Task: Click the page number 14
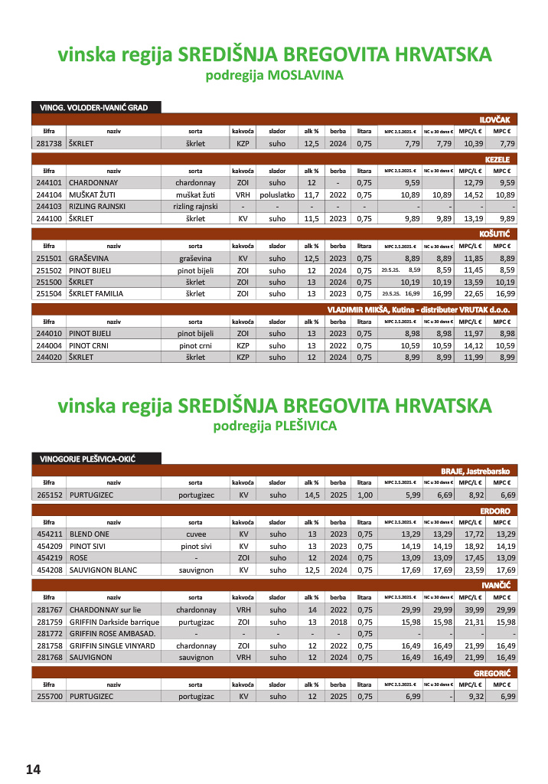point(34,769)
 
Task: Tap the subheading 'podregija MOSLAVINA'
point(274,75)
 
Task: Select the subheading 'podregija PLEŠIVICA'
point(274,426)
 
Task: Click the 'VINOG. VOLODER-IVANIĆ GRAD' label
point(94,108)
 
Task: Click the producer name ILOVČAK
point(499,119)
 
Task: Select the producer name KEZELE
point(502,159)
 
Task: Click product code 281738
point(48,143)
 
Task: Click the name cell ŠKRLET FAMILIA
point(96,293)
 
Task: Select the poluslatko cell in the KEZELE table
point(277,195)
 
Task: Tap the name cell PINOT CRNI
point(90,345)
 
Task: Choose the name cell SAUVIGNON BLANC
point(103,570)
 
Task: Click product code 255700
point(48,697)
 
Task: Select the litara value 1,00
point(364,495)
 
